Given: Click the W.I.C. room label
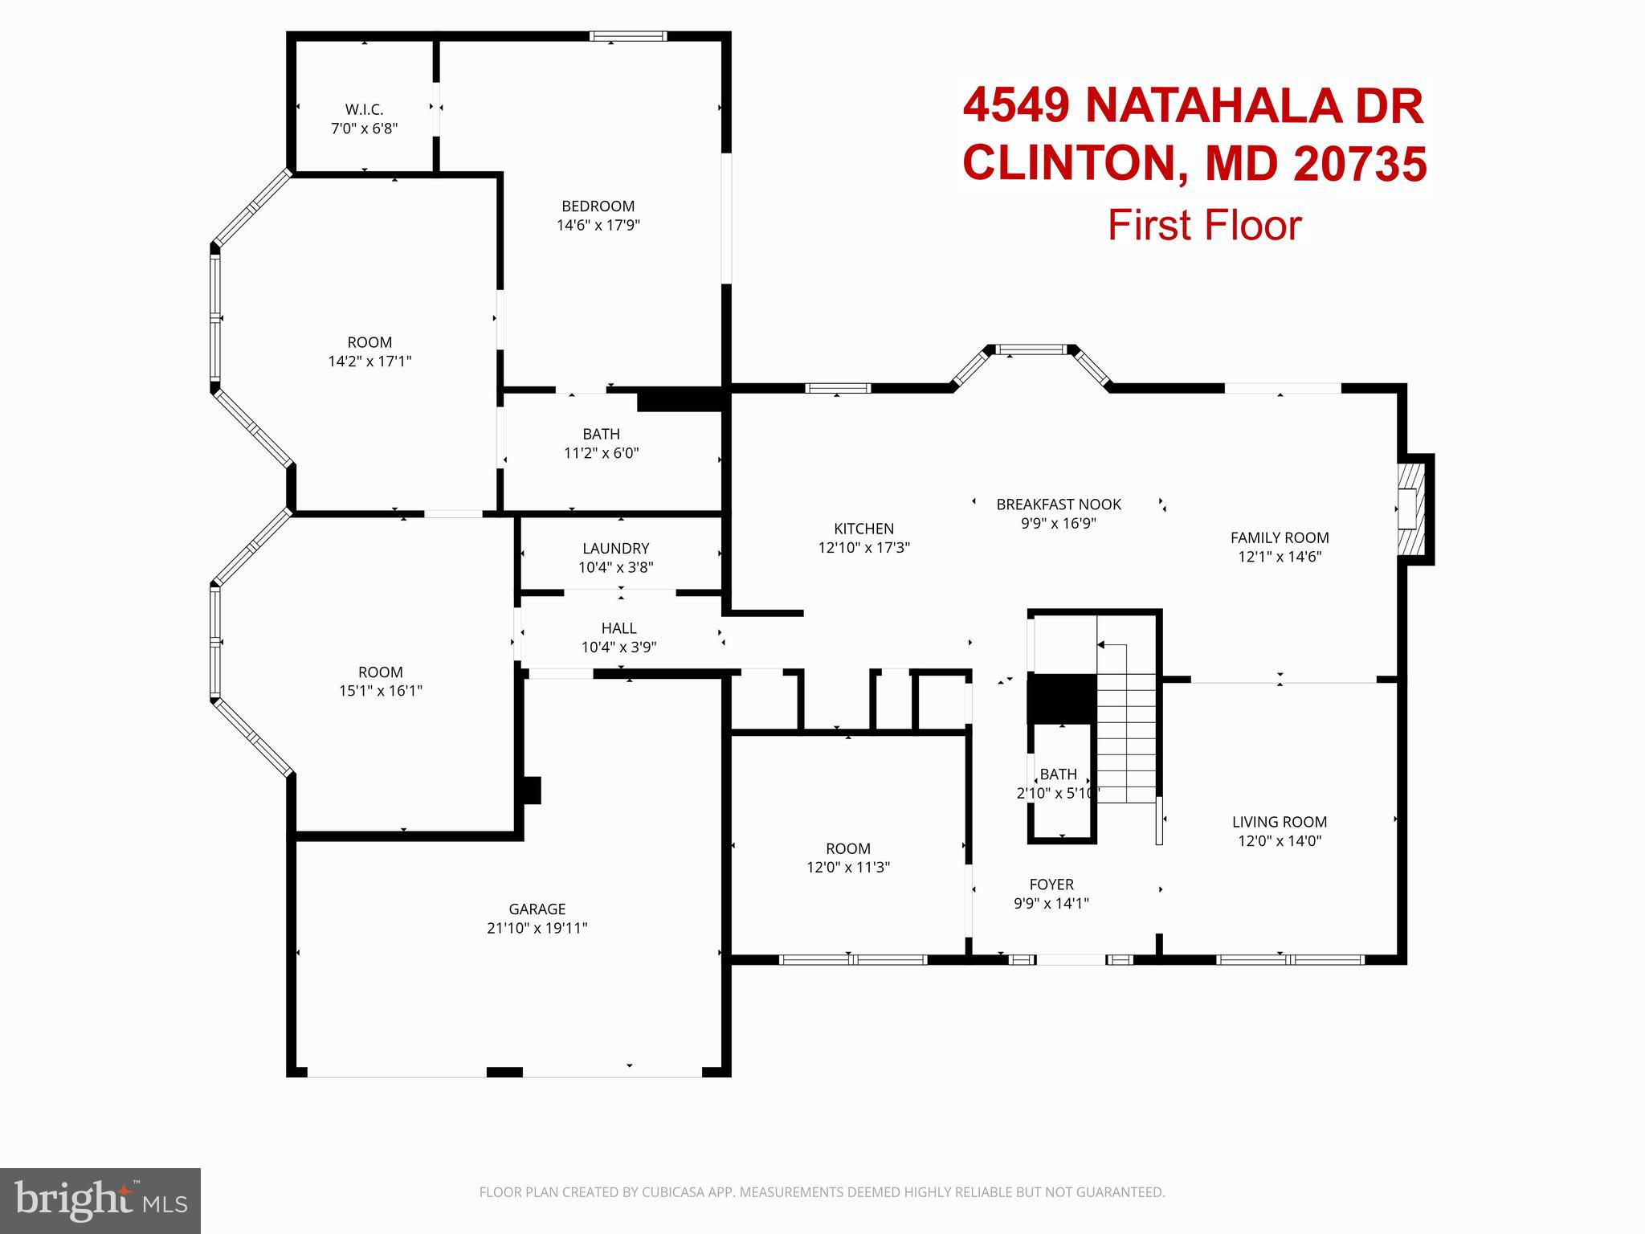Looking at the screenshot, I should click(x=364, y=109).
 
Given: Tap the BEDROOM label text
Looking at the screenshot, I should click(x=598, y=206).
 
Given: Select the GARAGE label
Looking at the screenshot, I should click(x=537, y=909).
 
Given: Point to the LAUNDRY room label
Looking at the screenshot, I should click(x=615, y=549).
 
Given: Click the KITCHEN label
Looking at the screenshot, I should click(x=863, y=529).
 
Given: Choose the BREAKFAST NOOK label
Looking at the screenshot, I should click(x=1058, y=505).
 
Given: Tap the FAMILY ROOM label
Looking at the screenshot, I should click(x=1279, y=538).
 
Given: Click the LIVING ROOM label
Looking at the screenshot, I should click(x=1279, y=822).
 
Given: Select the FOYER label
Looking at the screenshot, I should click(x=1051, y=885).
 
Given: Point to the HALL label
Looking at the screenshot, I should click(x=618, y=628).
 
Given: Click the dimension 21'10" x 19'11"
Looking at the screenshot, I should click(x=537, y=929).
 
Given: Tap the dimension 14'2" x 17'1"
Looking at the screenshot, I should click(x=369, y=362).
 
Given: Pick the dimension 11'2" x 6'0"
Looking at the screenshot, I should click(x=601, y=453).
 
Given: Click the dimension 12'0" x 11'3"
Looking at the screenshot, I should click(x=848, y=868).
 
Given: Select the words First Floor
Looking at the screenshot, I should click(x=1204, y=226).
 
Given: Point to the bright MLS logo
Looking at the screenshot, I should click(x=100, y=1200).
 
